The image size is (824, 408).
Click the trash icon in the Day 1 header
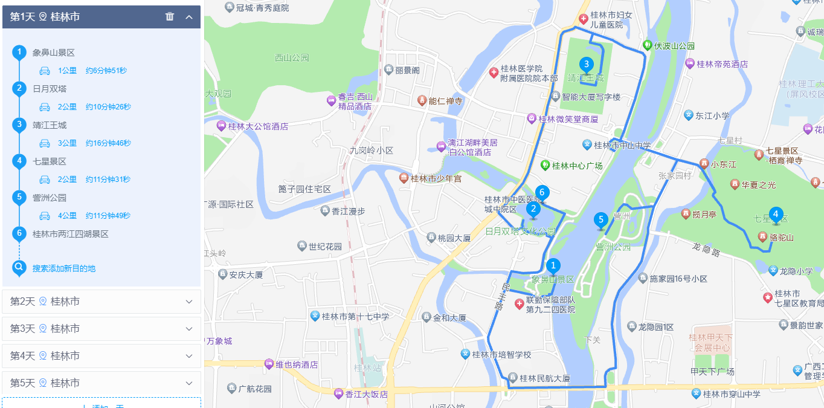(170, 17)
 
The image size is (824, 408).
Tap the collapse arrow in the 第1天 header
(189, 17)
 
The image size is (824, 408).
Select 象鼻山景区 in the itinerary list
(54, 53)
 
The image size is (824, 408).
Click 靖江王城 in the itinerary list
(50, 125)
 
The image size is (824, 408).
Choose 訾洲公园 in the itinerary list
(50, 198)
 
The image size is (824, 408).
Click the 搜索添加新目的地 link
(64, 268)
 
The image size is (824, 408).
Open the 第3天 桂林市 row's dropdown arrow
(189, 329)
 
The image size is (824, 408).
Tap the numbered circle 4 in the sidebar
(19, 161)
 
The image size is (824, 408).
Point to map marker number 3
(585, 64)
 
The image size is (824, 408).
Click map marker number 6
(542, 193)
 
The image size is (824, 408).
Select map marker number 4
(776, 215)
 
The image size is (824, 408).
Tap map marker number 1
(553, 266)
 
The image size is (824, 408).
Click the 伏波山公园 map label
(674, 45)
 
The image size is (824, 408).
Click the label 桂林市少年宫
(436, 178)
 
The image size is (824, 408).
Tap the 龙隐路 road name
(706, 249)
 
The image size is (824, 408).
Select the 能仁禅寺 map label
(445, 101)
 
